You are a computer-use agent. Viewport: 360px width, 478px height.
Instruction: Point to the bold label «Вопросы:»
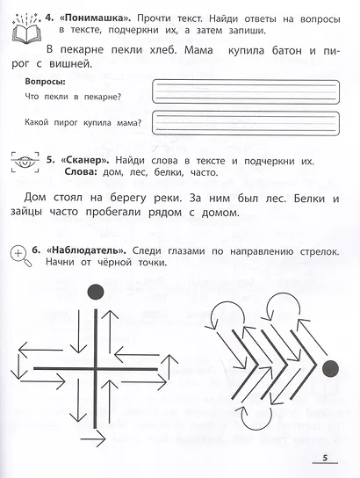(x=45, y=82)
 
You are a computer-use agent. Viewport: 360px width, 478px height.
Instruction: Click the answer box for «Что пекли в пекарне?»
(x=246, y=91)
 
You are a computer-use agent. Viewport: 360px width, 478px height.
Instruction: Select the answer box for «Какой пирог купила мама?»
(x=246, y=123)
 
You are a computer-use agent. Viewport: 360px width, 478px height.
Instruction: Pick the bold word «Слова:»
(x=81, y=172)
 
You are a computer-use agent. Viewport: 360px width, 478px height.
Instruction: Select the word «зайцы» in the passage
(x=26, y=212)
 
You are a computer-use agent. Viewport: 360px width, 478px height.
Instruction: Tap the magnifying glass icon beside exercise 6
(x=21, y=256)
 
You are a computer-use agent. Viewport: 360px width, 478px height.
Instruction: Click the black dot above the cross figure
(x=96, y=292)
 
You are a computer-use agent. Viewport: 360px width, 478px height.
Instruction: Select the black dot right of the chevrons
(x=330, y=368)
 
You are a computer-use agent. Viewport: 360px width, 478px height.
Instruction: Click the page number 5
(x=325, y=458)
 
